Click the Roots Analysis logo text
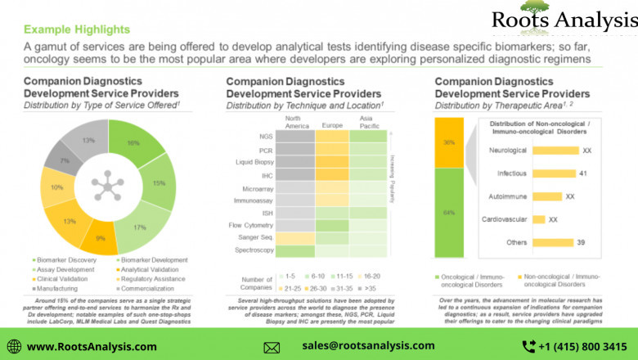[x=564, y=20]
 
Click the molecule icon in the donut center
[x=105, y=186]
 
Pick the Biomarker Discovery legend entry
[x=62, y=260]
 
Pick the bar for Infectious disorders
[x=541, y=173]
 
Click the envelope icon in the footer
[x=272, y=347]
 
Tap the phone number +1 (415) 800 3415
[x=581, y=347]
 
